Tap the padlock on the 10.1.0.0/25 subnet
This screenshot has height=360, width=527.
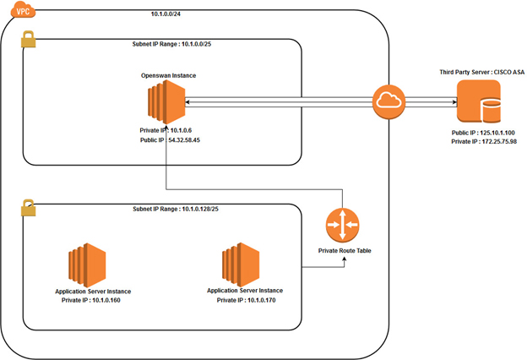click(28, 41)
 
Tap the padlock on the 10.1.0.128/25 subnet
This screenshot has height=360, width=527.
click(27, 206)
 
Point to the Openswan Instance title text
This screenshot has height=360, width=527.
click(169, 76)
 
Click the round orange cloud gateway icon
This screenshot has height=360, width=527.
click(389, 103)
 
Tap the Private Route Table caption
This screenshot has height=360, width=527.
click(343, 252)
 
